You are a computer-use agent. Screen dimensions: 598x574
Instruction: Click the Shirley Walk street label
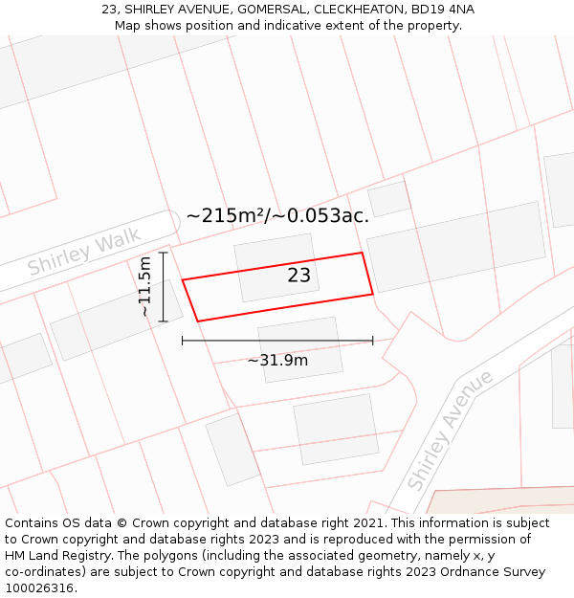click(x=84, y=251)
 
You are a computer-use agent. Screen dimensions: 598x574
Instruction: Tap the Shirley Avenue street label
click(x=450, y=430)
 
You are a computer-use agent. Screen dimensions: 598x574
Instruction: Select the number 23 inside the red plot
click(x=299, y=276)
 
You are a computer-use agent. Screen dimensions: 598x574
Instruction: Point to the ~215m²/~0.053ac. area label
click(x=277, y=216)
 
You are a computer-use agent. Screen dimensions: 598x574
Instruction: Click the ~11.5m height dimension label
click(x=144, y=286)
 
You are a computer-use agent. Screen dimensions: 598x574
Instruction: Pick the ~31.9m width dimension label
click(x=277, y=360)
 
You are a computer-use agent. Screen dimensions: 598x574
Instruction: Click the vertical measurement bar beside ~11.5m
click(x=164, y=286)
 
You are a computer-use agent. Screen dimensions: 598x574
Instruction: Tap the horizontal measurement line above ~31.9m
click(x=277, y=340)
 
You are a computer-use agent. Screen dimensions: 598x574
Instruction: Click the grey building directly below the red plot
click(x=300, y=349)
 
